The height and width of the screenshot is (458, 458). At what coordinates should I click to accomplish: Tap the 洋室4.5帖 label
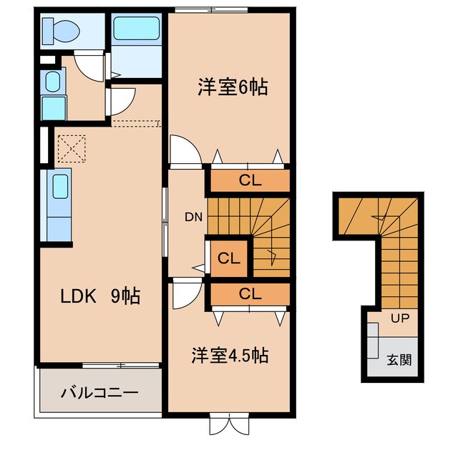click(x=229, y=355)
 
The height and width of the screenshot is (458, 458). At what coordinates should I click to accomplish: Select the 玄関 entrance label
click(x=399, y=360)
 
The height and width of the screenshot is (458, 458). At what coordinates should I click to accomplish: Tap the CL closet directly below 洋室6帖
click(x=249, y=180)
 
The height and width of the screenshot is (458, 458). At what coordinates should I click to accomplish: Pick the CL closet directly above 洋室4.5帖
click(x=249, y=293)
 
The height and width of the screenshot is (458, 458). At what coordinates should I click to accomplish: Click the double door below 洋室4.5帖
click(x=228, y=424)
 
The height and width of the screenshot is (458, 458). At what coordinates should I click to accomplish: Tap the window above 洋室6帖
click(x=212, y=9)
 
